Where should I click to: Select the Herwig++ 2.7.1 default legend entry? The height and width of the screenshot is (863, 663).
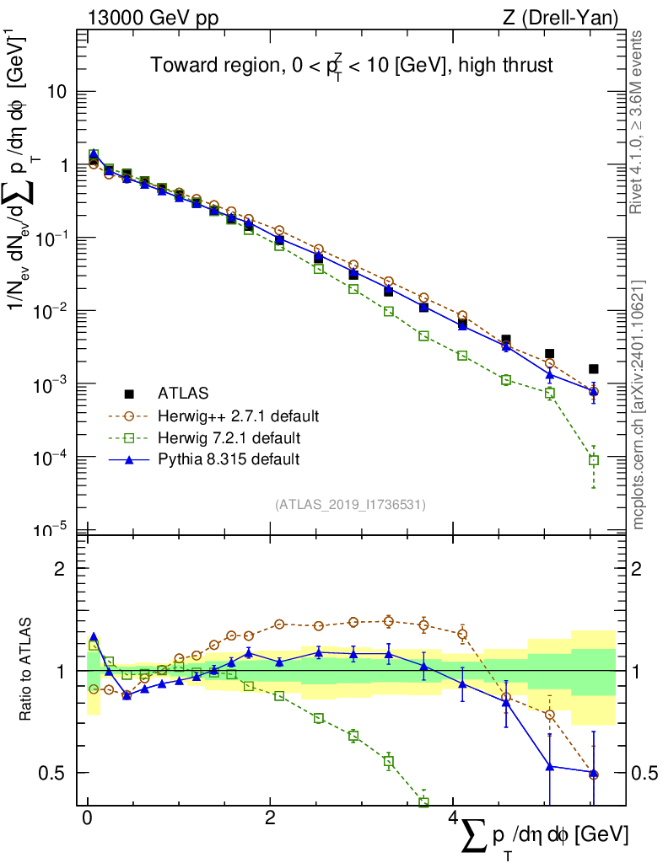coord(236,415)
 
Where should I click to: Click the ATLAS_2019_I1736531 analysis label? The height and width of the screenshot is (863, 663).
coord(350,505)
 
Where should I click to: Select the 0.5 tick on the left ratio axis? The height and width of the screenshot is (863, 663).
coord(56,773)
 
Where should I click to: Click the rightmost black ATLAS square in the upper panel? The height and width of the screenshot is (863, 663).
coord(593,369)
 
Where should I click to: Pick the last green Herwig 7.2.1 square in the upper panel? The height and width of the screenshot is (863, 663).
coord(593,460)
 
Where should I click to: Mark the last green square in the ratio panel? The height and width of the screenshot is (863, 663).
coord(423,802)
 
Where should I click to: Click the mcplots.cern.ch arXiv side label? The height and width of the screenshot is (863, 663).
coord(639,405)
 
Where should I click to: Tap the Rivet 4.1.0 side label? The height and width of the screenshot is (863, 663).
coord(639,122)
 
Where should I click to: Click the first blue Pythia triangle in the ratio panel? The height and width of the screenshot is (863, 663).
coord(94,637)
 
